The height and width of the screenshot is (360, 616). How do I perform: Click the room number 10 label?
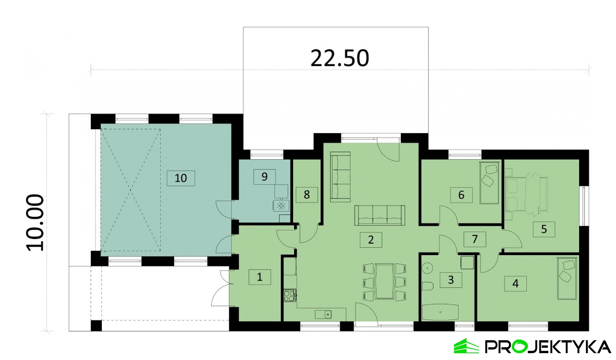(x=181, y=178)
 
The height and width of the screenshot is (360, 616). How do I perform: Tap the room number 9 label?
(x=265, y=176)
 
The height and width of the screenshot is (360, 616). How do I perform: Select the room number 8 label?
(x=307, y=195)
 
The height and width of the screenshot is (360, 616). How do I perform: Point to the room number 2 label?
(x=371, y=240)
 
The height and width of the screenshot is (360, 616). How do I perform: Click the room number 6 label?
(x=461, y=195)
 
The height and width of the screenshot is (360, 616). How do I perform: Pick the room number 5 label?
(x=544, y=229)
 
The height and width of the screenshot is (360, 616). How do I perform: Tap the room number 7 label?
(x=475, y=239)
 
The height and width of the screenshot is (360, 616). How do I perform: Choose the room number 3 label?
(x=451, y=280)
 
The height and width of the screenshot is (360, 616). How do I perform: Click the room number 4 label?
(x=516, y=283)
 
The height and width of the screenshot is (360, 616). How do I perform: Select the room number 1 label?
(x=260, y=277)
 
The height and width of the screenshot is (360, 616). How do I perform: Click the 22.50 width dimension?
(x=340, y=58)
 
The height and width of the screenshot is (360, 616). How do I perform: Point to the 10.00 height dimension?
(x=36, y=223)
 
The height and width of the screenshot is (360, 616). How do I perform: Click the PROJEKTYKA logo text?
(x=548, y=347)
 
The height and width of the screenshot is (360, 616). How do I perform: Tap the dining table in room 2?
(x=385, y=281)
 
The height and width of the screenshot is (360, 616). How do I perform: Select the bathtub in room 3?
(x=440, y=312)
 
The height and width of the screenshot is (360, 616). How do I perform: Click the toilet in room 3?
(x=427, y=286)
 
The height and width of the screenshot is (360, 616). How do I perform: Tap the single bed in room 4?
(x=566, y=279)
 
